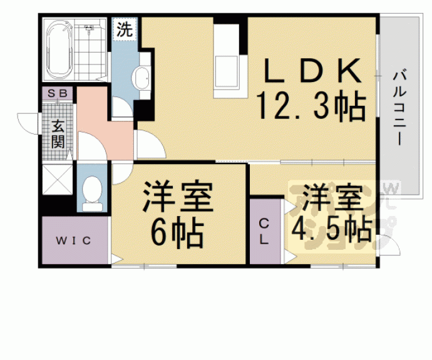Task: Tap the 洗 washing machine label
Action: (124, 29)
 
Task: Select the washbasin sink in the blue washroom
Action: (141, 80)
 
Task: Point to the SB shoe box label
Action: (57, 93)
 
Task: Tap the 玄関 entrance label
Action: (58, 133)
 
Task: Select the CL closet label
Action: (264, 232)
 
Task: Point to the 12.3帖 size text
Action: (312, 108)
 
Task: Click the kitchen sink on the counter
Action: (225, 69)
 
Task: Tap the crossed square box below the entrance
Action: (58, 180)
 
